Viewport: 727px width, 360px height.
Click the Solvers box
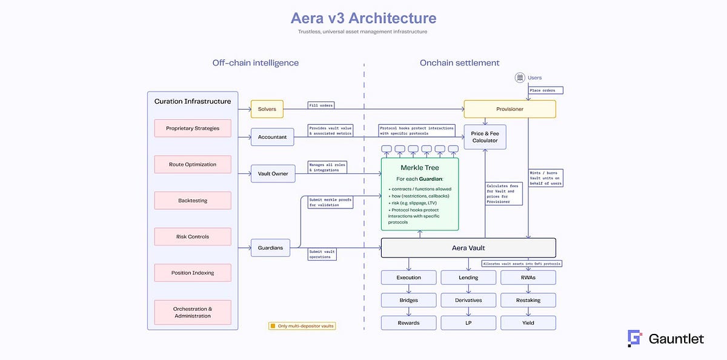(267, 109)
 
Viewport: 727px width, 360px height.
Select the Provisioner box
(510, 109)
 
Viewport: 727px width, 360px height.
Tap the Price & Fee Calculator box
(485, 136)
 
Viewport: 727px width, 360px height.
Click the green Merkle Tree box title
(419, 167)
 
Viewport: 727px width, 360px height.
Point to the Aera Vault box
(468, 247)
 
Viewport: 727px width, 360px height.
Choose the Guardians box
(270, 247)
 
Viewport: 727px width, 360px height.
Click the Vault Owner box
(273, 173)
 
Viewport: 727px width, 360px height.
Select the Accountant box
(272, 137)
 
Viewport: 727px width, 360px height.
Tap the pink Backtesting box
(192, 201)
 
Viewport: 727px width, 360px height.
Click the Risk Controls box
(192, 236)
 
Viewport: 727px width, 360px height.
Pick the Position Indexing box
(192, 273)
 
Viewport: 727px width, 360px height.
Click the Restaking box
(528, 299)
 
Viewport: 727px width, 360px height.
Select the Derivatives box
(468, 299)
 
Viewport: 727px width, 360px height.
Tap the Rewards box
(408, 322)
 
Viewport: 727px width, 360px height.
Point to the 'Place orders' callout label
(546, 90)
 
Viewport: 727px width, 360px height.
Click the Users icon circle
(519, 78)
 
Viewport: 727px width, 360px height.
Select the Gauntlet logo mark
(634, 338)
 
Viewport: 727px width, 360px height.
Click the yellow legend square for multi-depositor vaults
(273, 325)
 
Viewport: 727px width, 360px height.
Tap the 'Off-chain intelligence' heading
(255, 63)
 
